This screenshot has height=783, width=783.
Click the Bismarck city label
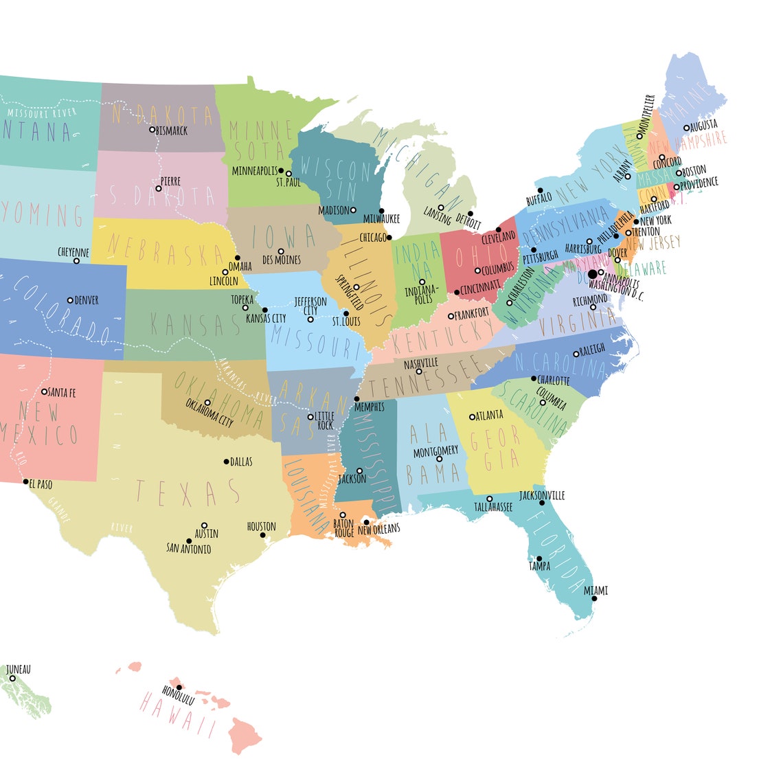172,130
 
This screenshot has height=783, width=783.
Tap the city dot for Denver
70,300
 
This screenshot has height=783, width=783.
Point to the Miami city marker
594,599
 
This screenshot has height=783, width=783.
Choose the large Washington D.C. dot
593,273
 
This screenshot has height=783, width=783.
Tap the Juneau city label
18,669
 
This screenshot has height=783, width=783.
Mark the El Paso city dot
27,482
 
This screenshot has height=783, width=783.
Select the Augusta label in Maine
703,125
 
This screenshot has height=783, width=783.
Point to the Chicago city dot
389,238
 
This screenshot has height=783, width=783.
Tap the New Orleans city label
378,529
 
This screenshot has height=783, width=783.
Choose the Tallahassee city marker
490,499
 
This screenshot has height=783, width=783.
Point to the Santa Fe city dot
45,391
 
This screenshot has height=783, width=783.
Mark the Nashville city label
421,363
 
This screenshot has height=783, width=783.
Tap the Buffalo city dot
540,190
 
